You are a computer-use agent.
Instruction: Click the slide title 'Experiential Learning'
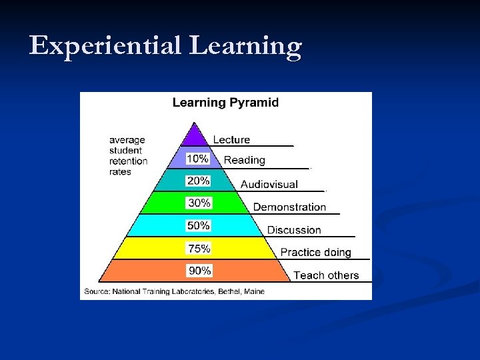pos(165,46)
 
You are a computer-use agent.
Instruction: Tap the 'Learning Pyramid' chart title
pos(225,103)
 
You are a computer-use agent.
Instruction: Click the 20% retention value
pos(199,181)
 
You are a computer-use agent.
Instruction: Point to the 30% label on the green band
pos(199,203)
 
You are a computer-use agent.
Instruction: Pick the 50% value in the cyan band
pos(199,225)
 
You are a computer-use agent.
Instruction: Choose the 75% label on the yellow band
pos(199,248)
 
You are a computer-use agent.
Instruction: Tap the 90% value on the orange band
pos(199,271)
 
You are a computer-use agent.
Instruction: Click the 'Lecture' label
pos(231,139)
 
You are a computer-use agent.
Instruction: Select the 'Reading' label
pos(245,160)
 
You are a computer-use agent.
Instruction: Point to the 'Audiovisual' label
pos(269,184)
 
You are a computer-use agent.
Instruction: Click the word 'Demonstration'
pos(289,207)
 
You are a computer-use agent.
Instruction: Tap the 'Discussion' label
pos(294,230)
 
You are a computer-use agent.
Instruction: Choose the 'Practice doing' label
pos(315,253)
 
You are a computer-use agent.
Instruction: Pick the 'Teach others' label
pos(326,275)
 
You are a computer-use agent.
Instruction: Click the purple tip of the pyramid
pos(195,136)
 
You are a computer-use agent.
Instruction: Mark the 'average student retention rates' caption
pos(128,156)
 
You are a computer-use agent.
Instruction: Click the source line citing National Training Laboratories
pos(175,291)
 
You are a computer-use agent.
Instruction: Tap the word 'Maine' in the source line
pos(254,291)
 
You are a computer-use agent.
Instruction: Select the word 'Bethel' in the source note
pos(227,291)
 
